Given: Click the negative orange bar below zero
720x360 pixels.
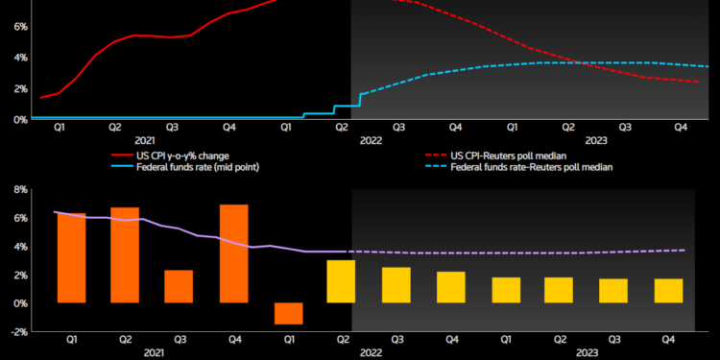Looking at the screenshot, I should tap(289, 313).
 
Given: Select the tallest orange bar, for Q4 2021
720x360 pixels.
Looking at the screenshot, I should tap(234, 253).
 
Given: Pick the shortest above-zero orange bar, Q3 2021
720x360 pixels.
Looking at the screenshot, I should tap(179, 286).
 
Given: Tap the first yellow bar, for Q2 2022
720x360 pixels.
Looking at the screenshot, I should tap(341, 281).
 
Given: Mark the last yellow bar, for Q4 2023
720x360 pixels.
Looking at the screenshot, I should tap(668, 291).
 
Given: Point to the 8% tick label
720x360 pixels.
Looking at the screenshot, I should tap(18, 189).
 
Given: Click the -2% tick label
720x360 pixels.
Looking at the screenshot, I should tap(16, 331).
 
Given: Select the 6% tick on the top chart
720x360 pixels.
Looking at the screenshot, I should tap(18, 27).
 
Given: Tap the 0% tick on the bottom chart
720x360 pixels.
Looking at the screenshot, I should tap(18, 303).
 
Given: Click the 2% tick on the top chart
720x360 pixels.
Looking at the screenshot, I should tap(18, 88).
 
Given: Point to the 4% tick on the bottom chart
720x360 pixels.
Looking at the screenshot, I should tap(18, 246).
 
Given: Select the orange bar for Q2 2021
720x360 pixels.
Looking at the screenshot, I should tap(124, 254).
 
